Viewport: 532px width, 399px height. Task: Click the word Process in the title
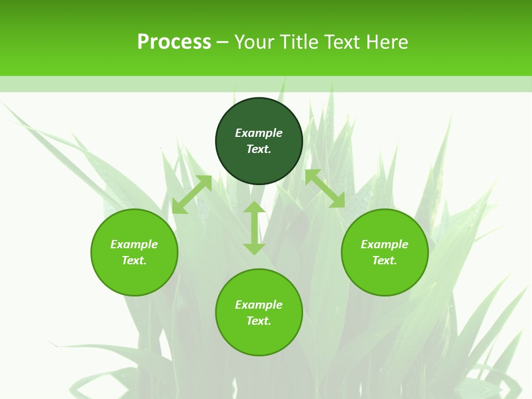[x=174, y=42]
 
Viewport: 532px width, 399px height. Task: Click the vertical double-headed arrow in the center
[x=254, y=228]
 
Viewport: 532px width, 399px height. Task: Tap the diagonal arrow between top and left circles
[x=192, y=195]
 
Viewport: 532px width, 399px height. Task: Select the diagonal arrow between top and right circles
[x=325, y=188]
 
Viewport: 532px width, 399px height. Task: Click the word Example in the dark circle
[x=259, y=133]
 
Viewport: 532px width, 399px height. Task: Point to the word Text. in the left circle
[x=134, y=260]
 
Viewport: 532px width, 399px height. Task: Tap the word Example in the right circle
[x=385, y=244]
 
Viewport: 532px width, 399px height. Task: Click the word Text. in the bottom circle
[x=259, y=321]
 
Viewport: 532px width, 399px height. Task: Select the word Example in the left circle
[x=134, y=244]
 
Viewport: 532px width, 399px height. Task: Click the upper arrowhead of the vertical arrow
[x=254, y=208]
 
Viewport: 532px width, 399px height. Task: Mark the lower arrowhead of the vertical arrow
[x=254, y=249]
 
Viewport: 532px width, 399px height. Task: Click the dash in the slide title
[x=223, y=42]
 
